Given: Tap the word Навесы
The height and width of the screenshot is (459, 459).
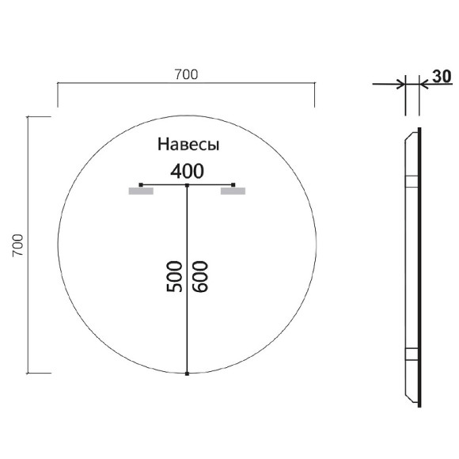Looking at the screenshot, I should tap(188, 145).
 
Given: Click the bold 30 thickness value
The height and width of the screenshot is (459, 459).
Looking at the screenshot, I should tap(442, 77).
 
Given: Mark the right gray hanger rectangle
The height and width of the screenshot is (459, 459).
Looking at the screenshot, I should tap(233, 191).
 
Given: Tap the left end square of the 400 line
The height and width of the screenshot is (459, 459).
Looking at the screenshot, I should tap(141, 184).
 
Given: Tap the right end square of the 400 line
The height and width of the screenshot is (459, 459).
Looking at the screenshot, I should tap(233, 184).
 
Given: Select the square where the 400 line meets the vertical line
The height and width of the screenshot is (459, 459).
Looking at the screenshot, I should tap(187, 184).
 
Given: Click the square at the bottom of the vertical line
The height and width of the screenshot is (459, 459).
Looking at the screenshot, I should tap(187, 373).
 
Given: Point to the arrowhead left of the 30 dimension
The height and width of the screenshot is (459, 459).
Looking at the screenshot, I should tap(400, 82).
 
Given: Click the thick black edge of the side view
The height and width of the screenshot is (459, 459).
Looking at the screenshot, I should tap(419, 269).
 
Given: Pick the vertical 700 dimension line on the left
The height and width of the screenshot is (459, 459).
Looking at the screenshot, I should tap(29, 244).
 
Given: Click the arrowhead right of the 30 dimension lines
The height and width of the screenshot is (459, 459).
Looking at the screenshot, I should tap(423, 82).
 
